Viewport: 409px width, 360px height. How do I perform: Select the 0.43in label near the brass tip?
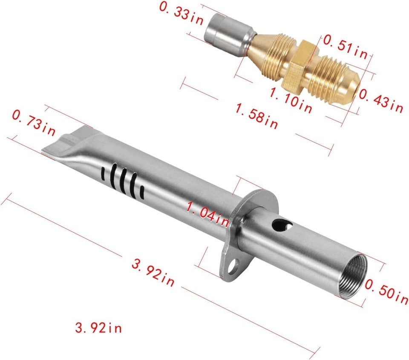(381, 101)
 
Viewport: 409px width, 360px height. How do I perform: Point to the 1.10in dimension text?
(291, 101)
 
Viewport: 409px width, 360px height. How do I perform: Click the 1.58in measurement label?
(256, 116)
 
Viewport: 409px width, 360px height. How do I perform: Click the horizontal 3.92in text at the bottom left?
(98, 328)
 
